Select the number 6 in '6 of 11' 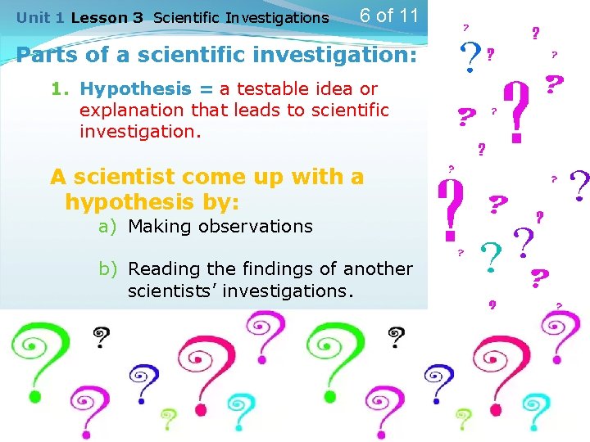(x=366, y=16)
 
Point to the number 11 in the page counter (x=407, y=16)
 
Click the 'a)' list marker (x=110, y=227)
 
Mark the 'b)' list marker (x=110, y=269)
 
